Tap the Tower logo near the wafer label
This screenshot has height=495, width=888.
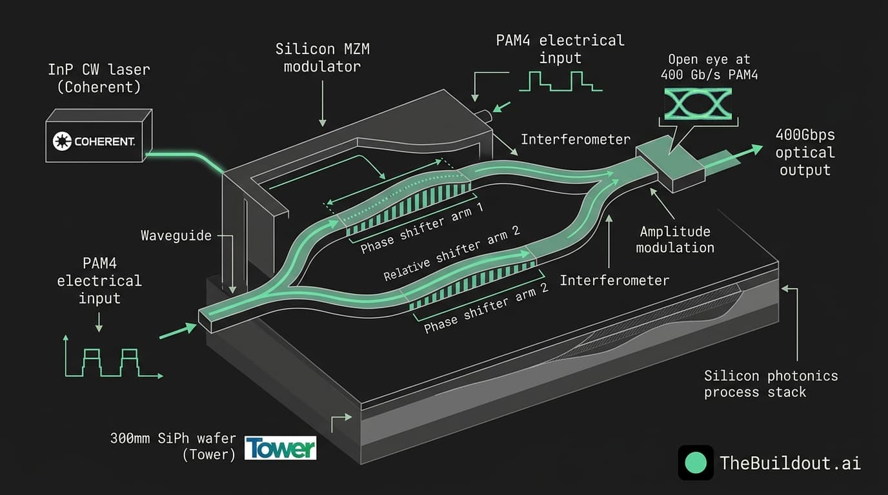coord(281,448)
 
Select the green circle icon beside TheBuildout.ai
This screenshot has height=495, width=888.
coord(696,463)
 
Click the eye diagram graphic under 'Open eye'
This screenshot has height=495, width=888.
coord(698,104)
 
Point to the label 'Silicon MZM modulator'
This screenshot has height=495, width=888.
coord(322,57)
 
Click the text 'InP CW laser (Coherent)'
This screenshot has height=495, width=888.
coord(99,78)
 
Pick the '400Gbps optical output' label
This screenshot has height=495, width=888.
coord(805,153)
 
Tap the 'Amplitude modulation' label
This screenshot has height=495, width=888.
coord(675,239)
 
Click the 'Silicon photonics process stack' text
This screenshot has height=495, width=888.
coord(771,383)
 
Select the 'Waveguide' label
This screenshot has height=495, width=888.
coord(176,235)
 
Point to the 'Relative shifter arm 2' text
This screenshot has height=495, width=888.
coord(452,253)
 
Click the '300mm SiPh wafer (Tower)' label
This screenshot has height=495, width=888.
coord(173,447)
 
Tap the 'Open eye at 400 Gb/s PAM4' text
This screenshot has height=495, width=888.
coord(709,67)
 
